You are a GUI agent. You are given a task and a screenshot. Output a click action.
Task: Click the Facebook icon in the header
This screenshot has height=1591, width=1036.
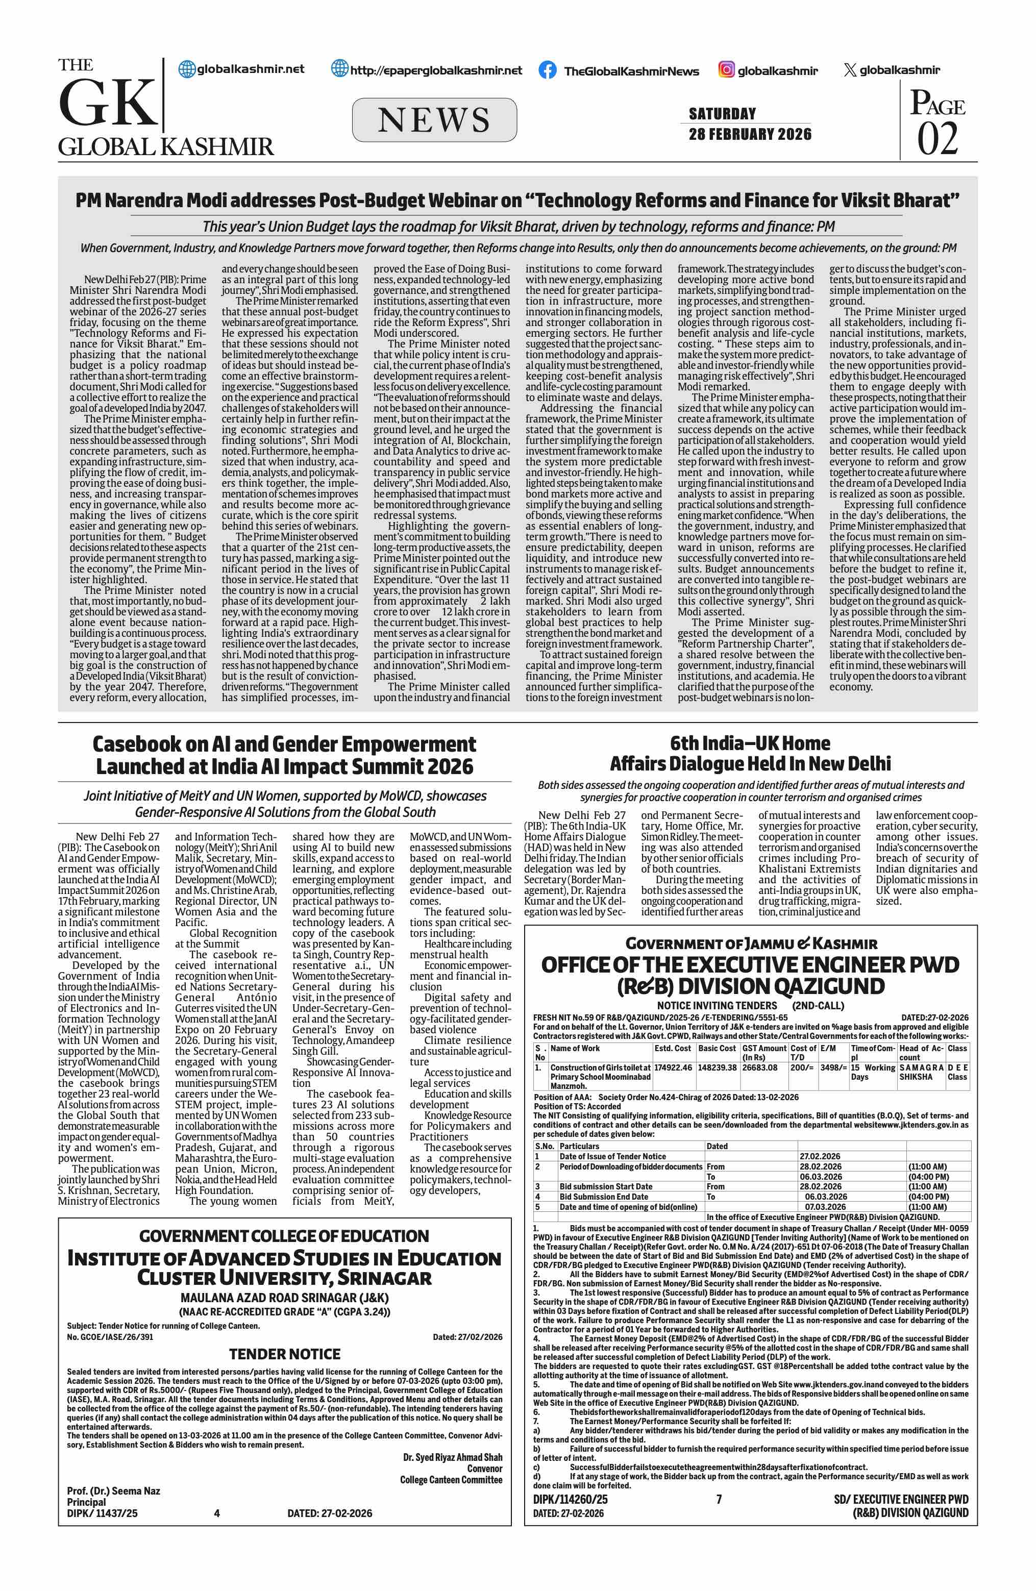(547, 70)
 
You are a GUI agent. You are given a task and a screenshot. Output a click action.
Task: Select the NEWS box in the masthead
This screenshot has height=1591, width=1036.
(434, 120)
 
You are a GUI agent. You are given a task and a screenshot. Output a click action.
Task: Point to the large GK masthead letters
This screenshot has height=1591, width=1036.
(107, 104)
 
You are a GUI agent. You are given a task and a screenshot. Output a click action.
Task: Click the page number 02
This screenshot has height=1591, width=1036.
(937, 139)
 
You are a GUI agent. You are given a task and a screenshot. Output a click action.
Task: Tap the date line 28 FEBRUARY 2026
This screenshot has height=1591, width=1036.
(750, 134)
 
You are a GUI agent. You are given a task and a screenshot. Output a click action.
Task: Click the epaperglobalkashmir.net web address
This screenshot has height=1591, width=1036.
(436, 70)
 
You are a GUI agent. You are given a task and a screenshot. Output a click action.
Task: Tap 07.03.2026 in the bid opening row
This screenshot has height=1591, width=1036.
(825, 1207)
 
